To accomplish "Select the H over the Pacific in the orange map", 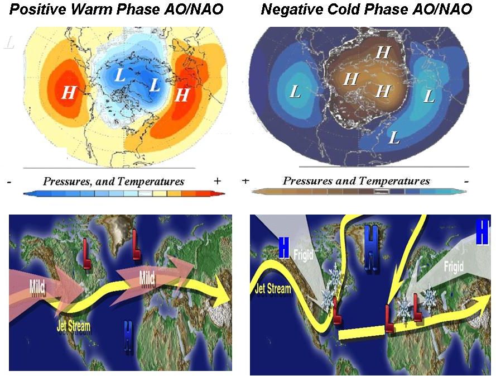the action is point(69,93).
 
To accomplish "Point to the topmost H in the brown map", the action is point(383,53).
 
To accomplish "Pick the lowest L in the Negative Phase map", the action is point(394,137).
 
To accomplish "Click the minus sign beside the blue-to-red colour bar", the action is point(9,182).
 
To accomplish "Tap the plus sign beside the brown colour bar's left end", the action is point(245,181).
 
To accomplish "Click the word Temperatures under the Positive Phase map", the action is point(151,181).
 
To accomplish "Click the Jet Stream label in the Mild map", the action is point(74,326).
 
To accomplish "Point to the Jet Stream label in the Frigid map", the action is point(273,289).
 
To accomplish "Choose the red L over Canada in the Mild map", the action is point(86,254).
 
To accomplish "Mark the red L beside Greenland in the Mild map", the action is point(136,245).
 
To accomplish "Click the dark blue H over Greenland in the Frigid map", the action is point(371,248).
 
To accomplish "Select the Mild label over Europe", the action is point(147,279).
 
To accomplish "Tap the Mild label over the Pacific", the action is point(37,287).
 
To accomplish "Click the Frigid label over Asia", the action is point(454,266).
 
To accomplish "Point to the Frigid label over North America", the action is point(303,255).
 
